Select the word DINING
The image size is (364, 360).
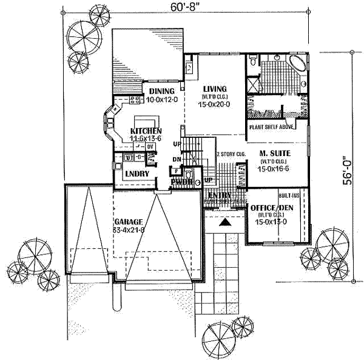coord(161,91)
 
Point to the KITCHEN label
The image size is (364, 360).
coord(146,131)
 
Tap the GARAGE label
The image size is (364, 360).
coord(127,222)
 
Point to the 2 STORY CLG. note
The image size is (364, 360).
coord(231,155)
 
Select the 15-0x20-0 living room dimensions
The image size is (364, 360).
coord(212,104)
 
